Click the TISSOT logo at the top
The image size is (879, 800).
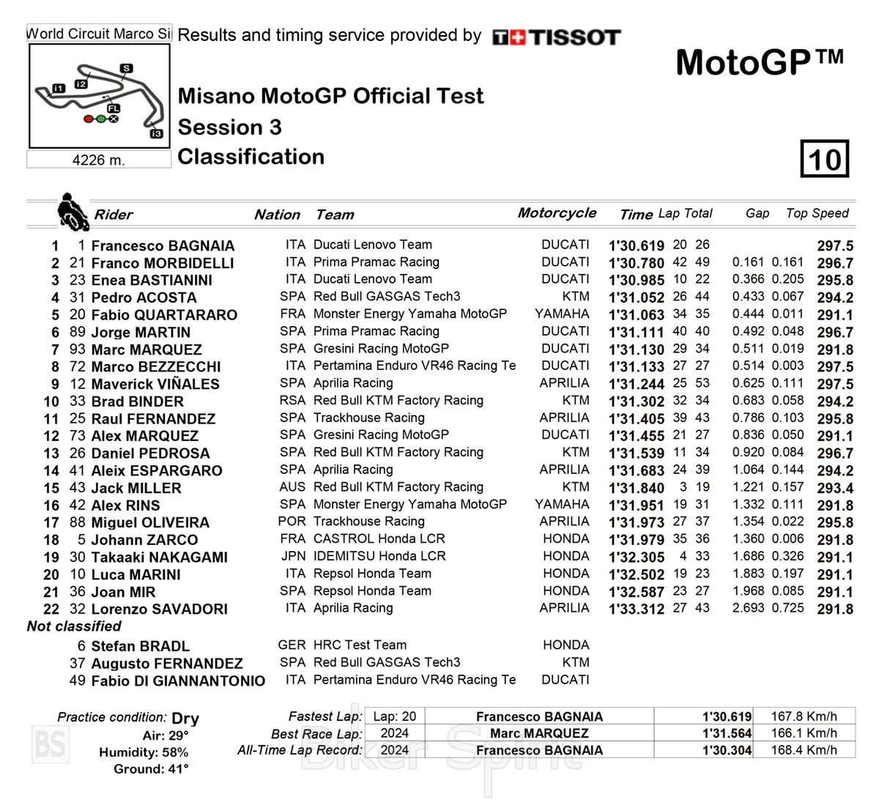point(557,37)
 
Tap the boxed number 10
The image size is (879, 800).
point(825,158)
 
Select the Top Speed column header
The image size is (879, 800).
point(817,213)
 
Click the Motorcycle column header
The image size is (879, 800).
point(557,213)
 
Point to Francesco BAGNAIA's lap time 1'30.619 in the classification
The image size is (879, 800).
point(636,246)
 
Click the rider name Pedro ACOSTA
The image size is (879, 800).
point(144,297)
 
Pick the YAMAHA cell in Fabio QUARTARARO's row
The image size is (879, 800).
point(562,314)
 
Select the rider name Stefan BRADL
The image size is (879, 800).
point(140,646)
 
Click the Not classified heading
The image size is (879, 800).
point(74,626)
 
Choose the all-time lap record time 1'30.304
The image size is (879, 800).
point(727,750)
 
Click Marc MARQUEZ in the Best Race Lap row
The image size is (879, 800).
point(539,733)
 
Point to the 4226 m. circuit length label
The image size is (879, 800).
point(98,160)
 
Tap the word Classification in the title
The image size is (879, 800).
point(251,157)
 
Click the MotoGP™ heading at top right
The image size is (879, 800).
point(760,62)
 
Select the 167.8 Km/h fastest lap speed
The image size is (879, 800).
point(804,716)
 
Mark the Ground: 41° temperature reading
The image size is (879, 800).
point(151,769)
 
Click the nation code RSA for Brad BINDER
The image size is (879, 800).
point(292,400)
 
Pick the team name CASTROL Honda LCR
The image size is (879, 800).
point(379,538)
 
